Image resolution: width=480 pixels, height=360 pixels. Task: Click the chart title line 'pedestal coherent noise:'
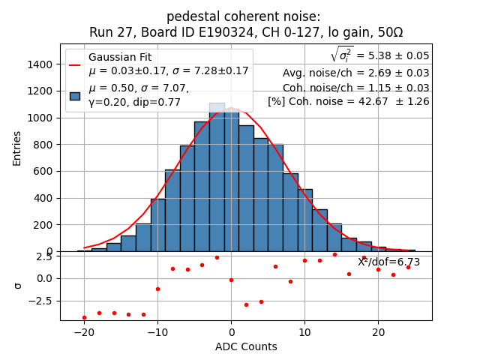pos(243,16)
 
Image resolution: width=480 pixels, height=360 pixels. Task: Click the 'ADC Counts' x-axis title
pos(246,346)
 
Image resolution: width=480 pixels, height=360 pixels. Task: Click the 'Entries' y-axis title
pos(17,148)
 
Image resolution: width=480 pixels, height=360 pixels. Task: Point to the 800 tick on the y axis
pos(45,145)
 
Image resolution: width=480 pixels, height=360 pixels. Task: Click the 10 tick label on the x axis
pos(304,331)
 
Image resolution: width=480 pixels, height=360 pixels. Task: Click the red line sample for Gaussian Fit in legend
pos(75,64)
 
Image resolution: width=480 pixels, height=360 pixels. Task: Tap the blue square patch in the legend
pos(75,95)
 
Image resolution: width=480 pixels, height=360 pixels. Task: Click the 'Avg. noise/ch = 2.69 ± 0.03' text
pos(355,73)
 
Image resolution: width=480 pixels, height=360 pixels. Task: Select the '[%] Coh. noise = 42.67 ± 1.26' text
pos(349,101)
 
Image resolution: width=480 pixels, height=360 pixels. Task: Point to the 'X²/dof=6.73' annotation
pos(388,262)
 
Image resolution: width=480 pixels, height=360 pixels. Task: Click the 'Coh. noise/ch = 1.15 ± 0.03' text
pos(355,87)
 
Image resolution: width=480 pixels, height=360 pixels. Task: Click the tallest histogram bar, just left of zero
pos(217,180)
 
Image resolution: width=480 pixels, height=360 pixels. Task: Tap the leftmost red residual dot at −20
pos(84,317)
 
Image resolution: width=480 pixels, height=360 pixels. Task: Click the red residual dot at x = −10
pos(157,289)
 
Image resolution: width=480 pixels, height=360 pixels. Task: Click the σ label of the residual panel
pos(18,286)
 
